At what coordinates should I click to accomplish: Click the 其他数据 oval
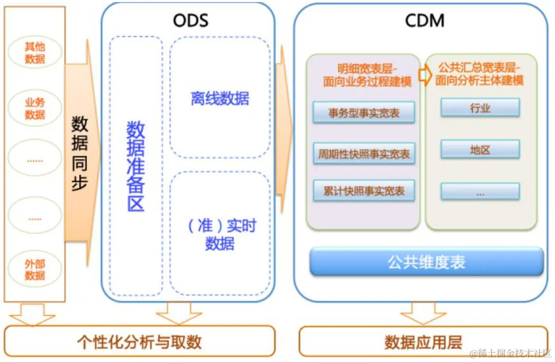35,53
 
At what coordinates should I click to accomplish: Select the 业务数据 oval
35,108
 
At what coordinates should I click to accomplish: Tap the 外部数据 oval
35,270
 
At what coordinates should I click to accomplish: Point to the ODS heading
190,20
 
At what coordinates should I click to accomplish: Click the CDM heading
425,20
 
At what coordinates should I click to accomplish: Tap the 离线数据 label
220,98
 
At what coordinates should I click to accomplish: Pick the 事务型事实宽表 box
364,113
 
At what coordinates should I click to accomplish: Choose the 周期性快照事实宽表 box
364,153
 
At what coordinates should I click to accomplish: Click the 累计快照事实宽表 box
364,191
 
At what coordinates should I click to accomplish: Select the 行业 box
480,108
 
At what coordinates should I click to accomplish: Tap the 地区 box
480,150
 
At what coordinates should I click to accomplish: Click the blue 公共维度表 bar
426,262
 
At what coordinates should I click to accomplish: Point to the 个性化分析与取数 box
139,341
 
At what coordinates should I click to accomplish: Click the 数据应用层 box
423,341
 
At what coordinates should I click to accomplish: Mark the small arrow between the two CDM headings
425,75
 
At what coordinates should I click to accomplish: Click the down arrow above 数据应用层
423,313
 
